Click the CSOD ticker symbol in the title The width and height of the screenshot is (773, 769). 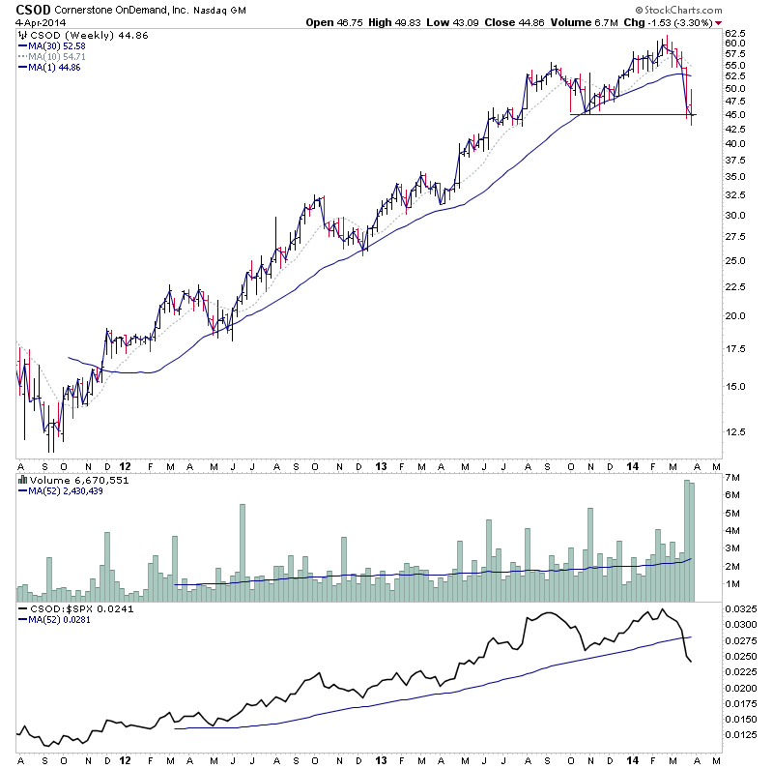pyautogui.click(x=32, y=9)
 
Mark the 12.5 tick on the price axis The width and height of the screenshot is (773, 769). pyautogui.click(x=735, y=431)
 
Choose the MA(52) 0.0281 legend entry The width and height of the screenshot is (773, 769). pyautogui.click(x=58, y=619)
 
